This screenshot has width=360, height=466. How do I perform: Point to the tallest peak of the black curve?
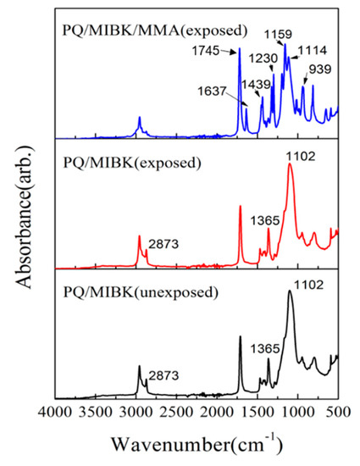(291, 291)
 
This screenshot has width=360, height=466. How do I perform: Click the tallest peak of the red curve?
(291, 164)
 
